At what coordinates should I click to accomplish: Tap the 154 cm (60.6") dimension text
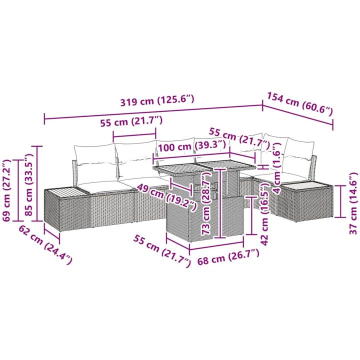coord(299,104)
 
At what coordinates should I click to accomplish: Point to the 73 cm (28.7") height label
coord(206,204)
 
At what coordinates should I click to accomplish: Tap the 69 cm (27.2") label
coord(6,190)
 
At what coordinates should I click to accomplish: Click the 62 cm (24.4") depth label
coord(45,244)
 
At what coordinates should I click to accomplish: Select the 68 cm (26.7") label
coord(228,256)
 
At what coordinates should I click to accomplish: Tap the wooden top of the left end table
coord(66,192)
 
